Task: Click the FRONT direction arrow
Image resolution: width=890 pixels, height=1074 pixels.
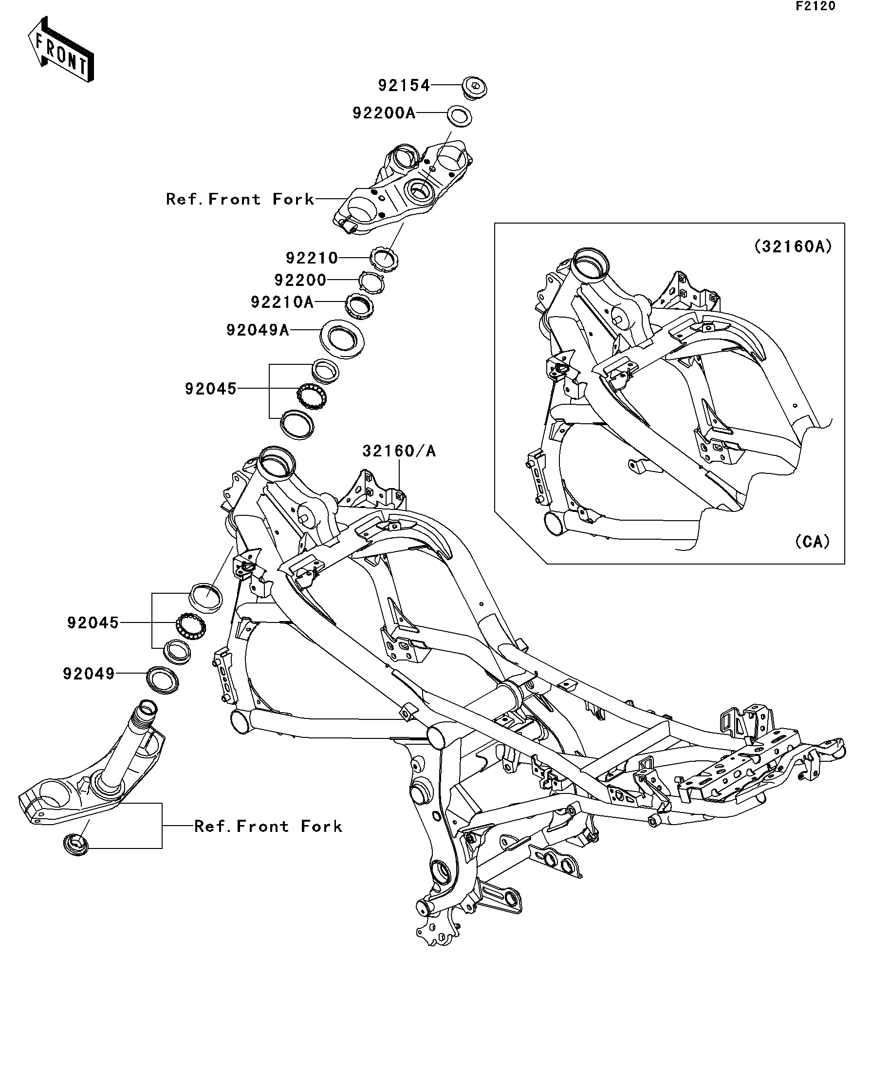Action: tap(61, 50)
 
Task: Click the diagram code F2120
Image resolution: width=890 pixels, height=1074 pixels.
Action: tap(815, 6)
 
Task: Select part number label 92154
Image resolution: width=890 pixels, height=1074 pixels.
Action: tap(404, 85)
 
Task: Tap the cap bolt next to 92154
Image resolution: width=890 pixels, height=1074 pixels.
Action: tap(474, 88)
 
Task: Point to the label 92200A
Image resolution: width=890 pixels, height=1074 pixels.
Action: tap(384, 113)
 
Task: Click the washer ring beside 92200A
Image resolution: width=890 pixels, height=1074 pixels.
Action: tap(460, 116)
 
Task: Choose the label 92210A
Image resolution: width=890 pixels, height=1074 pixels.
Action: tap(282, 302)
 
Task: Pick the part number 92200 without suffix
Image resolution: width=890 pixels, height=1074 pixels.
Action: tap(300, 280)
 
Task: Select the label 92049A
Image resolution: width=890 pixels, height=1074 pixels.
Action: tap(258, 330)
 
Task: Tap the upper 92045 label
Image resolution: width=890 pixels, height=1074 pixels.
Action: tap(211, 389)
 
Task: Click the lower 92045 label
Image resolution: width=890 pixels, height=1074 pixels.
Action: tap(93, 623)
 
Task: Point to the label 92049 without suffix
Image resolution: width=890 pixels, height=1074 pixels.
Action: tap(89, 674)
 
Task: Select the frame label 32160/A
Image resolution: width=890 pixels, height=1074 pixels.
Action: tap(399, 451)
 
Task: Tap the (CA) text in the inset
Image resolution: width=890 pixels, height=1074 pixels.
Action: tap(812, 542)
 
